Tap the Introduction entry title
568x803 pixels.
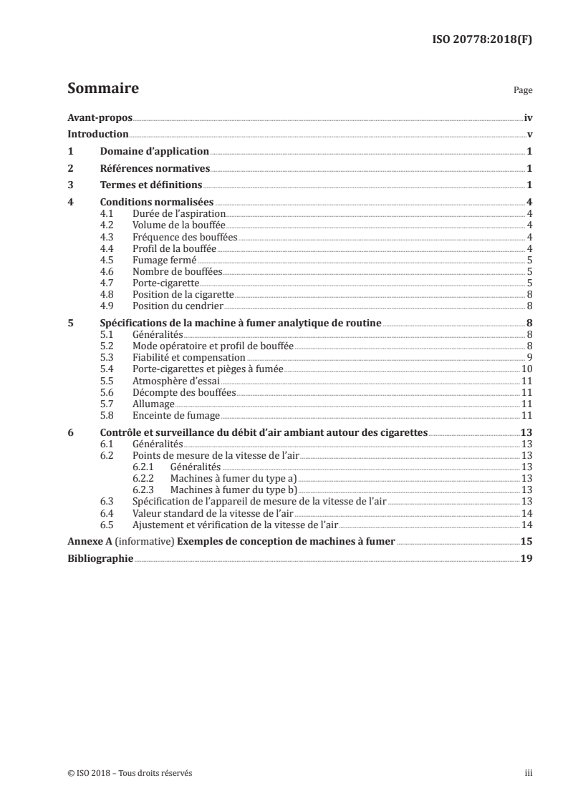(x=98, y=135)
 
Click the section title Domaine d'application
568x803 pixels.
(x=154, y=152)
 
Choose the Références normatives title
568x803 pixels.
(x=154, y=169)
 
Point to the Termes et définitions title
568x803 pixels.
(x=150, y=186)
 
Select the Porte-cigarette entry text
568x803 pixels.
(x=155, y=283)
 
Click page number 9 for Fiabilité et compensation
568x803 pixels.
(x=528, y=357)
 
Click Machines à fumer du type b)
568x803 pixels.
(x=232, y=490)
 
